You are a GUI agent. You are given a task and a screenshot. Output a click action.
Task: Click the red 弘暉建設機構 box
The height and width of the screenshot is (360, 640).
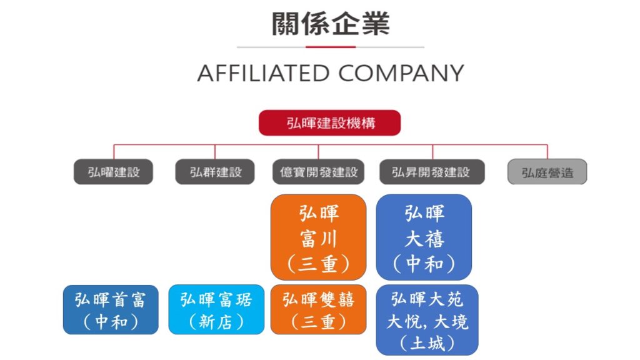329,122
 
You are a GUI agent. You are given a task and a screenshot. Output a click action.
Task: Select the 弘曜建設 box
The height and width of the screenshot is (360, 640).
113,172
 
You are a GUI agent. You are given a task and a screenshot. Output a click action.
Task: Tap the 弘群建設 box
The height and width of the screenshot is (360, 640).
215,172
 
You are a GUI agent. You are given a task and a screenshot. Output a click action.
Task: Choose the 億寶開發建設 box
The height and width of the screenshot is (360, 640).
317,172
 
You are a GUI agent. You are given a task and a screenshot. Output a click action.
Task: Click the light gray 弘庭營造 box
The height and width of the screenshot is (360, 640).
547,172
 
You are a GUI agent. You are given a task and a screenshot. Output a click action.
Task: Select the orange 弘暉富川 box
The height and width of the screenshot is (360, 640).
318,237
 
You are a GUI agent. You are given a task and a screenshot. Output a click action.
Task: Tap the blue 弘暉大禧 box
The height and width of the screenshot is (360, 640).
424,237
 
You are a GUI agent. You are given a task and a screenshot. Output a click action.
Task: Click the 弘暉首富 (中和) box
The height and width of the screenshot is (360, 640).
110,310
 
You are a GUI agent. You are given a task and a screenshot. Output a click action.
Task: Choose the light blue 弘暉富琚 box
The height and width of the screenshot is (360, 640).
216,310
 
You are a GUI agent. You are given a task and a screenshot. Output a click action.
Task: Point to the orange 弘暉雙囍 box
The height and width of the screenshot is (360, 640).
318,310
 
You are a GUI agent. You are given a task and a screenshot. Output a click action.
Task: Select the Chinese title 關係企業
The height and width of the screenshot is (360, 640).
330,24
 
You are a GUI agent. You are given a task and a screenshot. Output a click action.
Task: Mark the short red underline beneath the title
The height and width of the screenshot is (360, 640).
330,47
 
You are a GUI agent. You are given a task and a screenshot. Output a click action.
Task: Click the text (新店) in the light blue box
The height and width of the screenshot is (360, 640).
216,322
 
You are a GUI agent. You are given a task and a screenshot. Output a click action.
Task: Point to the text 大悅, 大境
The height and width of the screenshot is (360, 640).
427,321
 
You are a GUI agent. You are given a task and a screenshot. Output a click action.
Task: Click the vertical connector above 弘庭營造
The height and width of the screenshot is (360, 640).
547,152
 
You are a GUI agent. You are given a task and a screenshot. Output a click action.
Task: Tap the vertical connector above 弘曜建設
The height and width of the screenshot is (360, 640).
114,152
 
